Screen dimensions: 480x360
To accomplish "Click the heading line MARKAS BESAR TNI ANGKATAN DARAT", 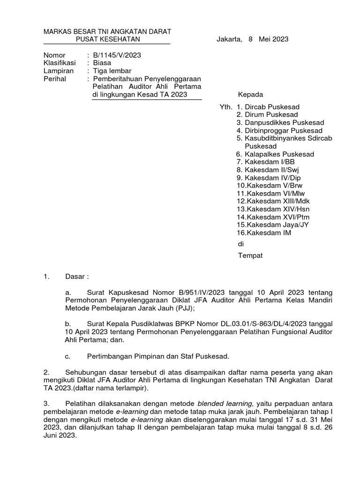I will click(107, 31).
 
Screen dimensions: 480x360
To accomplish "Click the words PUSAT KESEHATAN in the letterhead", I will click(107, 39).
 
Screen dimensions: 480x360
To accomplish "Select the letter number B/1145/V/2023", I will click(117, 55).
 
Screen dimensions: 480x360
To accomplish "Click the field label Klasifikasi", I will click(60, 63).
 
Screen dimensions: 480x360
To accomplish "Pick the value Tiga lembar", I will click(112, 71).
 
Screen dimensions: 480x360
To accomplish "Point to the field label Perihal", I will click(55, 79).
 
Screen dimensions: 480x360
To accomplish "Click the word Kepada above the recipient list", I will click(251, 95).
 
